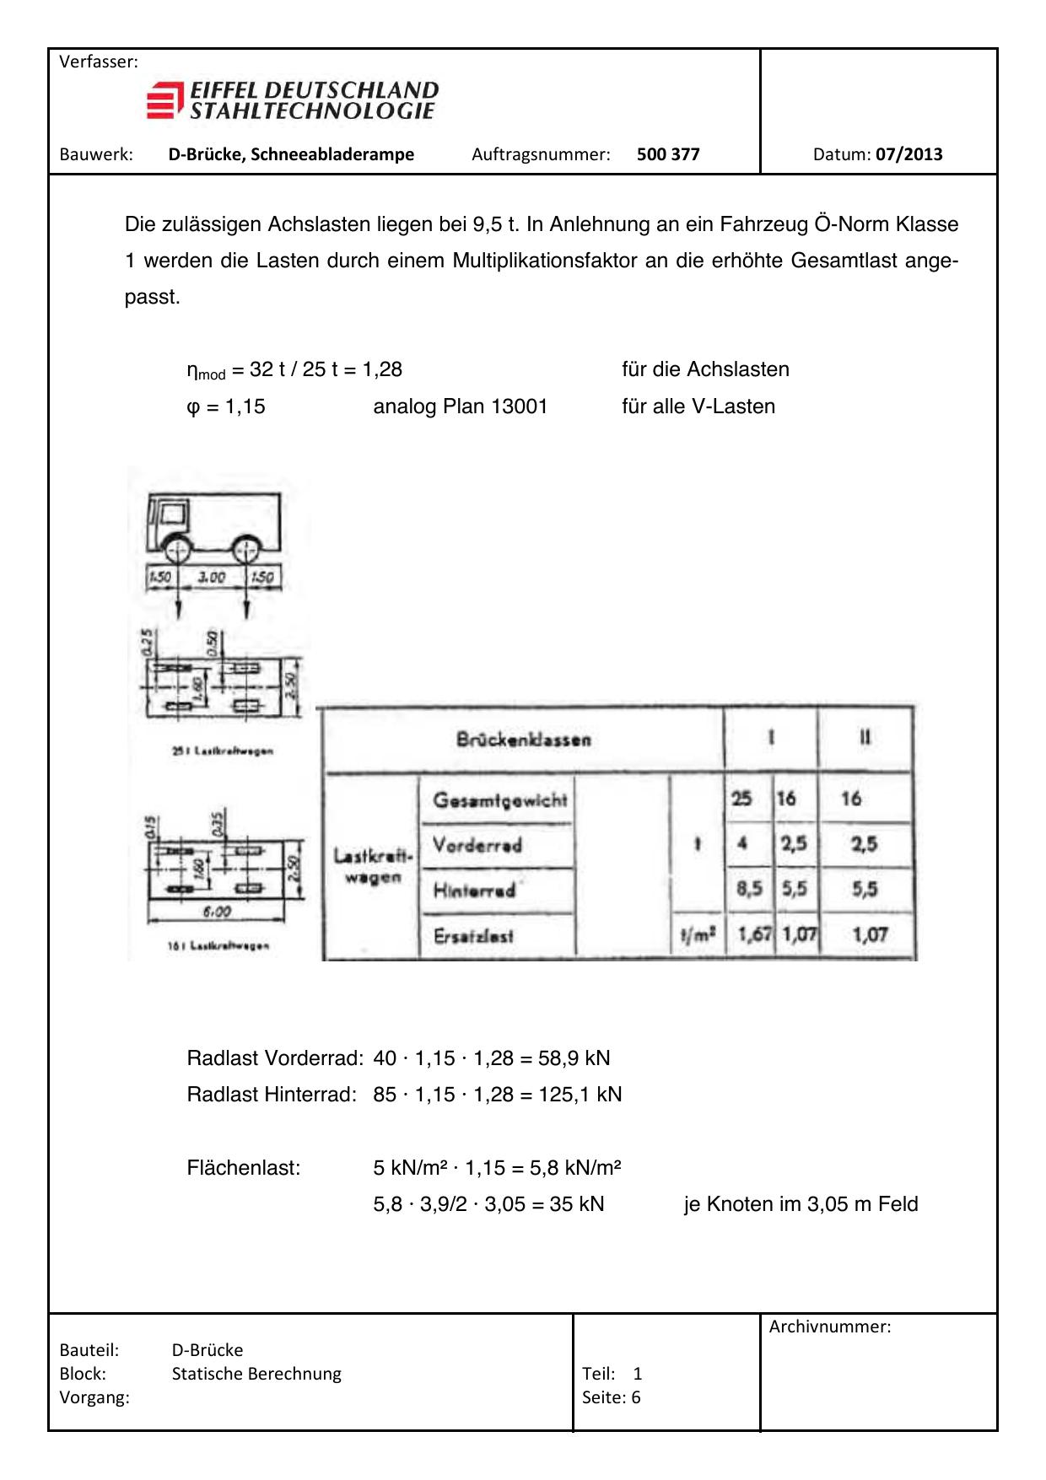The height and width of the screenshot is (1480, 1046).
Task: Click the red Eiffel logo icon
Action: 164,100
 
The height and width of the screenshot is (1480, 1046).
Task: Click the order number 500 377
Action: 668,154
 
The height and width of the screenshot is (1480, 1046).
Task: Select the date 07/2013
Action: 909,154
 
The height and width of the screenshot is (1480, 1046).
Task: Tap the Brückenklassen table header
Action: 523,740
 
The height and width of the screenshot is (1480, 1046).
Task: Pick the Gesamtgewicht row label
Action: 499,799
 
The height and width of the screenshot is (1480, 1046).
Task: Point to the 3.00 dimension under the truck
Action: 211,578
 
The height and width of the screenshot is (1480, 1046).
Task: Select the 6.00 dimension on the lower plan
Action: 217,912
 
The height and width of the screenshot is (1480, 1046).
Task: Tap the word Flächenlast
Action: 244,1168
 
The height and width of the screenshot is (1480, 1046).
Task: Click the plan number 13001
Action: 519,406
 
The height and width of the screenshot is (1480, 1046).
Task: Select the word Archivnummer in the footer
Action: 830,1327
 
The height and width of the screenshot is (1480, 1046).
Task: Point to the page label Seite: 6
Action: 611,1397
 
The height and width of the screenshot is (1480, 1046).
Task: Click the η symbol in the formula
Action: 192,370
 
